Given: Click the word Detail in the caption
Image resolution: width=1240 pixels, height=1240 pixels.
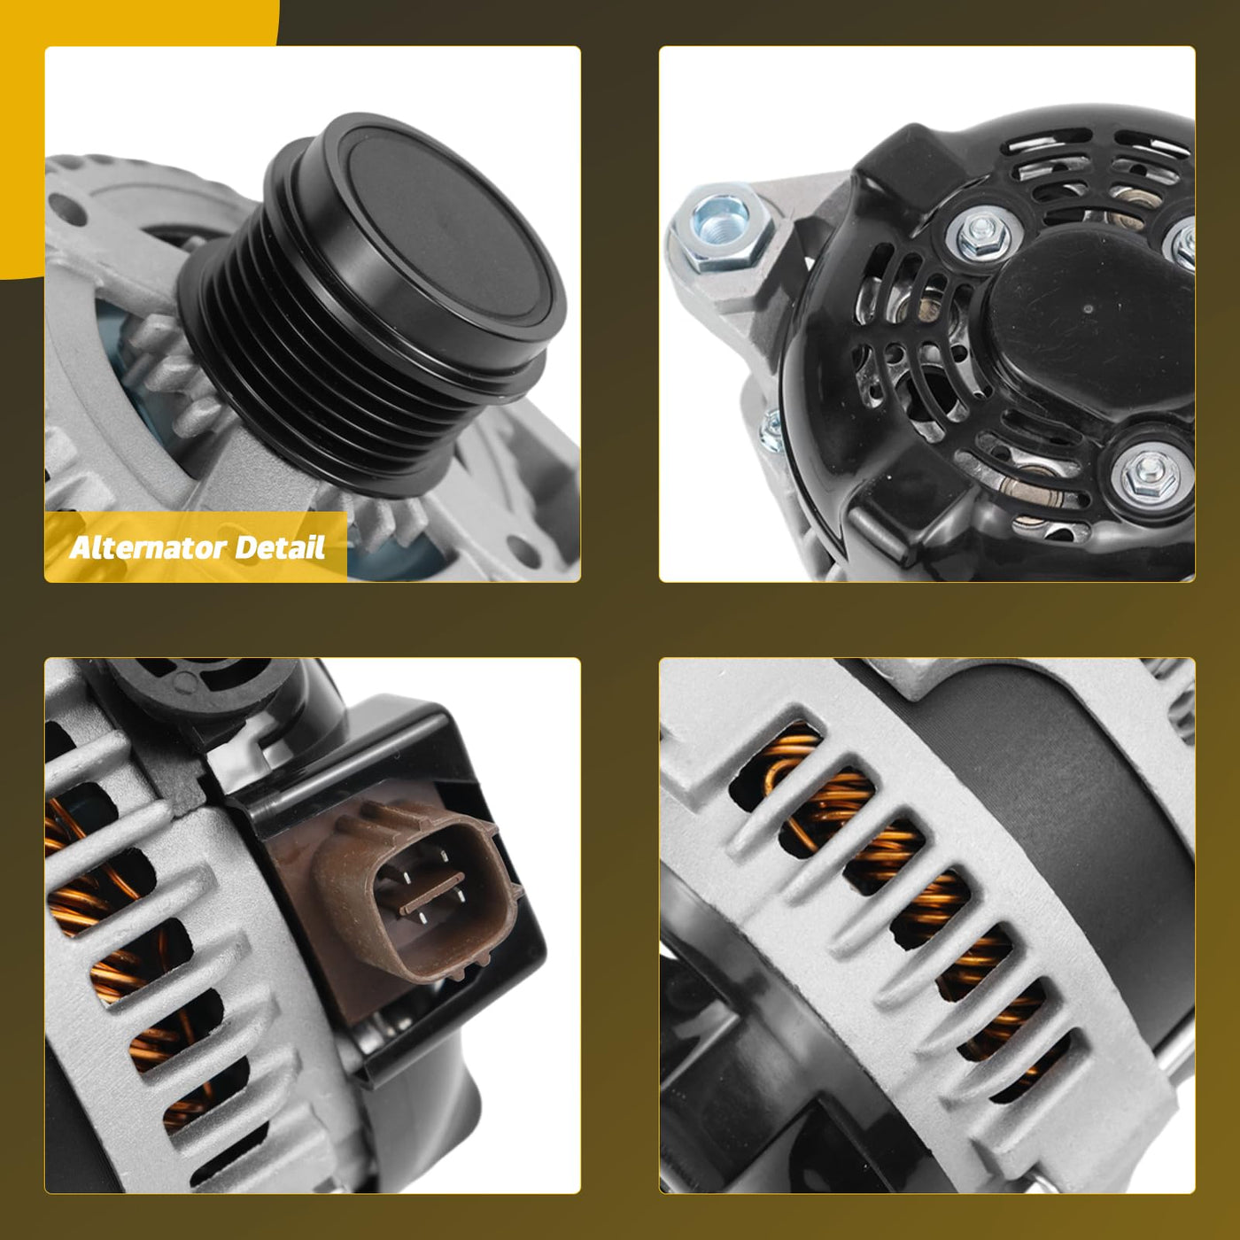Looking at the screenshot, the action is (280, 547).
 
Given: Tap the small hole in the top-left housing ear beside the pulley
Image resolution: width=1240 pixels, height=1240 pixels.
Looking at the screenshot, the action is (67, 210).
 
